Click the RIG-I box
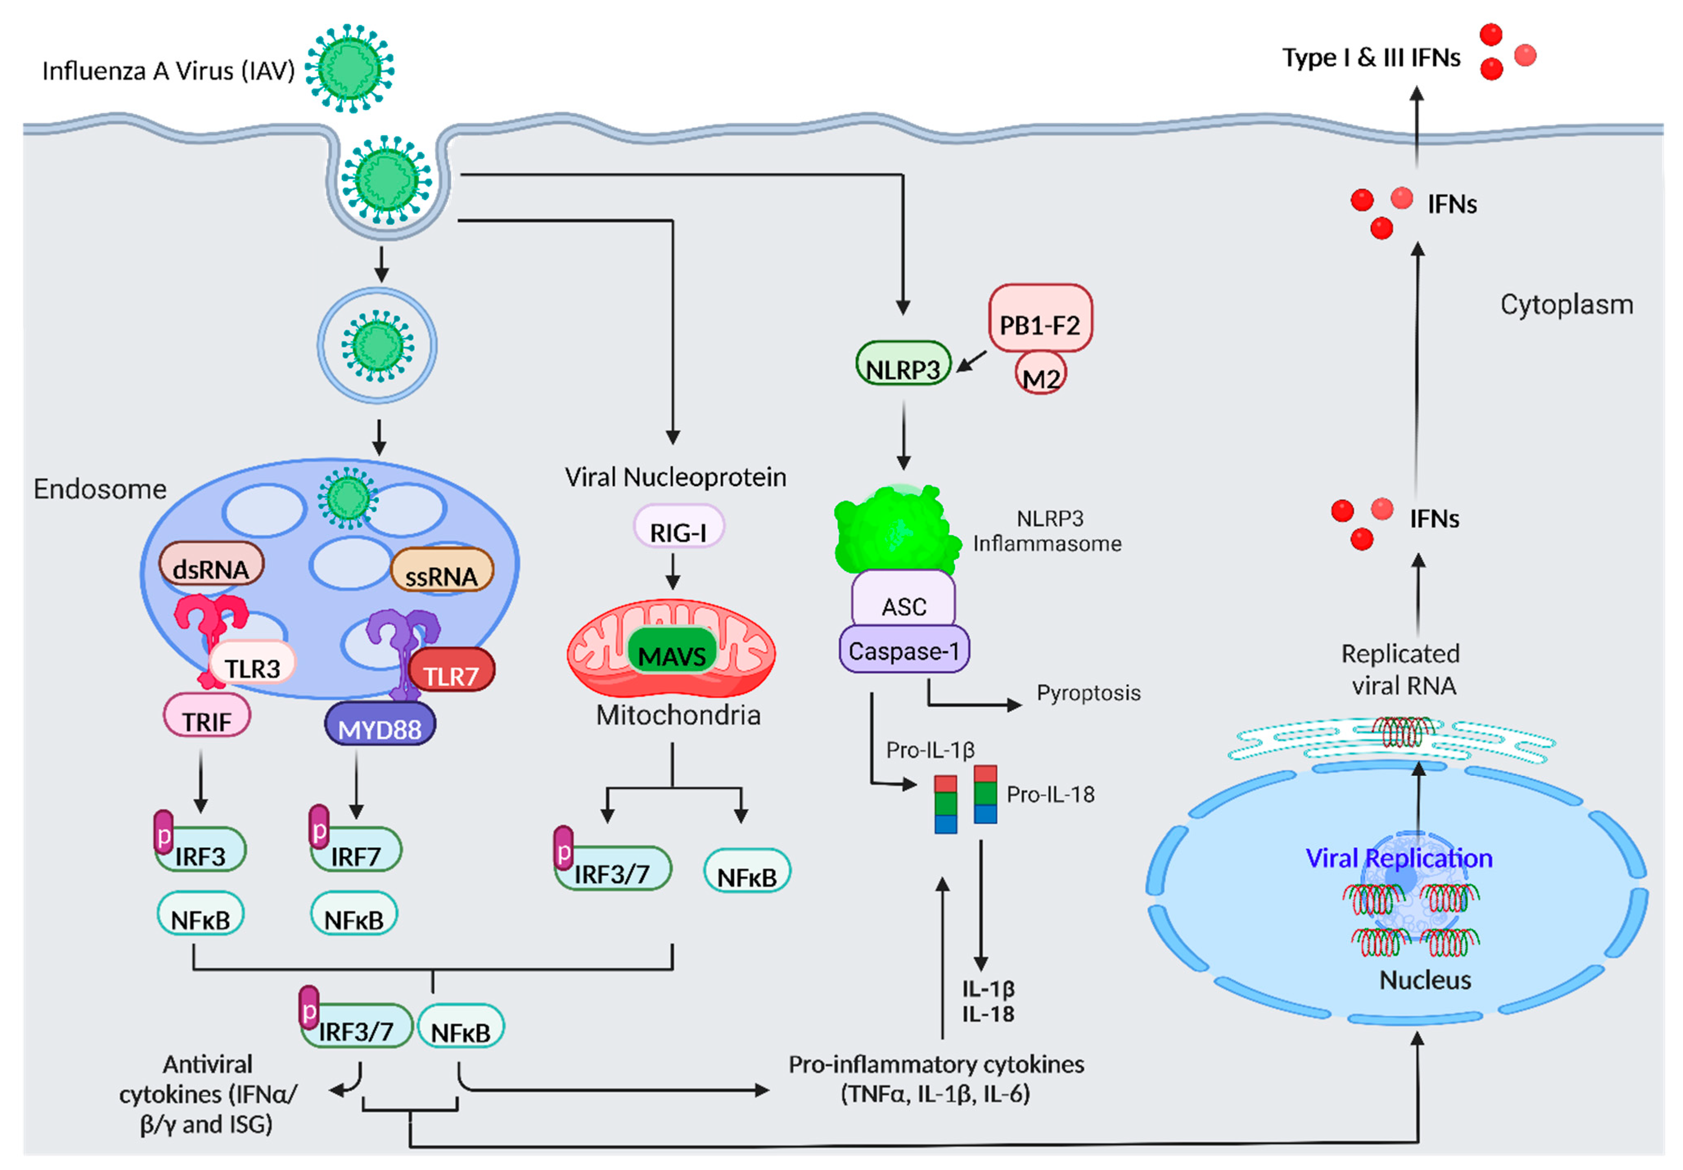tap(678, 527)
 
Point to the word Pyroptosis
tap(1088, 693)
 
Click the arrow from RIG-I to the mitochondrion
tap(672, 571)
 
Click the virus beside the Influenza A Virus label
tap(349, 68)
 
